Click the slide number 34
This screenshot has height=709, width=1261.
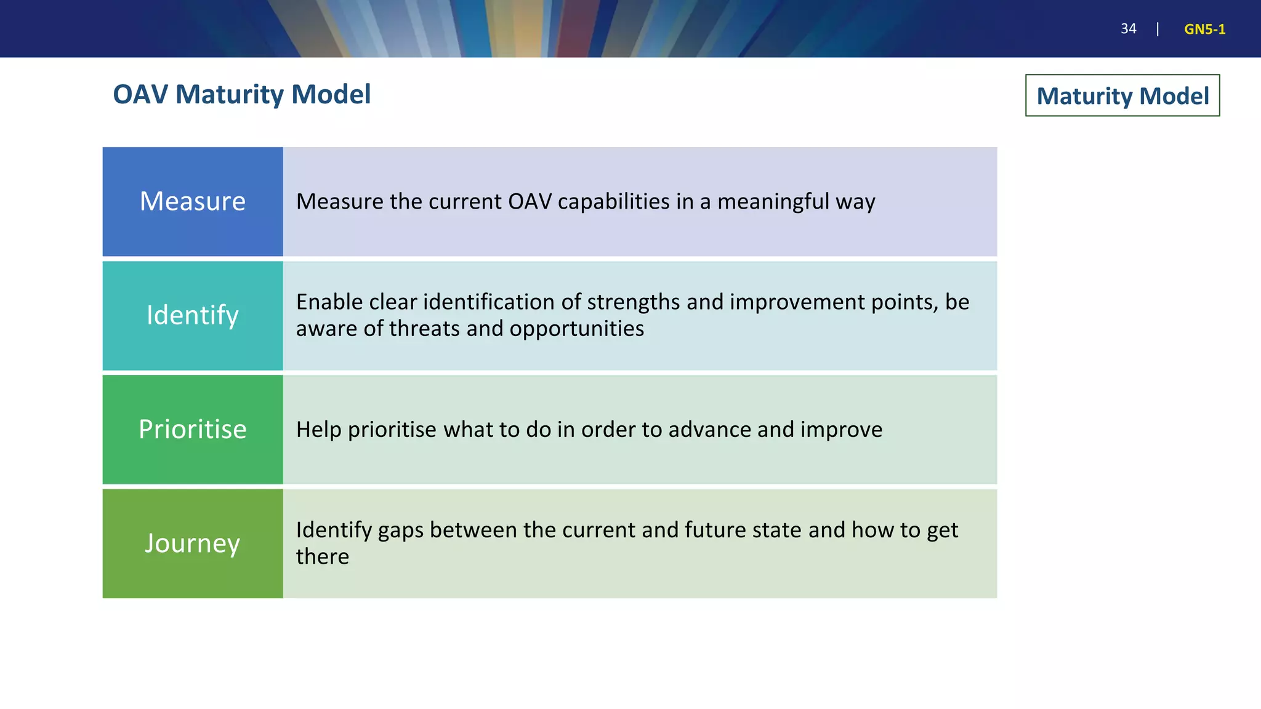pyautogui.click(x=1128, y=29)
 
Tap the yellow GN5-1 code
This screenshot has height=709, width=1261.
pyautogui.click(x=1204, y=29)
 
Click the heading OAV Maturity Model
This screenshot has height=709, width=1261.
pyautogui.click(x=241, y=95)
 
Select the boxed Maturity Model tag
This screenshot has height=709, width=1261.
pyautogui.click(x=1122, y=96)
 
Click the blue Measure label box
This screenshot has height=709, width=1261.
pyautogui.click(x=192, y=201)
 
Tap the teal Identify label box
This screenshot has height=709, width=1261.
pyautogui.click(x=192, y=315)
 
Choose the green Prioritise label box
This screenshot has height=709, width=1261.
pyautogui.click(x=192, y=429)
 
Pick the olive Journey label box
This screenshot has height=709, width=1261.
pyautogui.click(x=192, y=543)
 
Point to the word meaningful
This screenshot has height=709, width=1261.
pyautogui.click(x=773, y=202)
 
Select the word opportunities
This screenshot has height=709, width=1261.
pyautogui.click(x=576, y=329)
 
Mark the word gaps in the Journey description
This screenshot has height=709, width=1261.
pyautogui.click(x=400, y=531)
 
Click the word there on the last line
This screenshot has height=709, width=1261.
pyautogui.click(x=322, y=556)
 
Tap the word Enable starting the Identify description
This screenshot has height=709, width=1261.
pyautogui.click(x=329, y=302)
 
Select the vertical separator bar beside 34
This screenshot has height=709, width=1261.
pyautogui.click(x=1158, y=29)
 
